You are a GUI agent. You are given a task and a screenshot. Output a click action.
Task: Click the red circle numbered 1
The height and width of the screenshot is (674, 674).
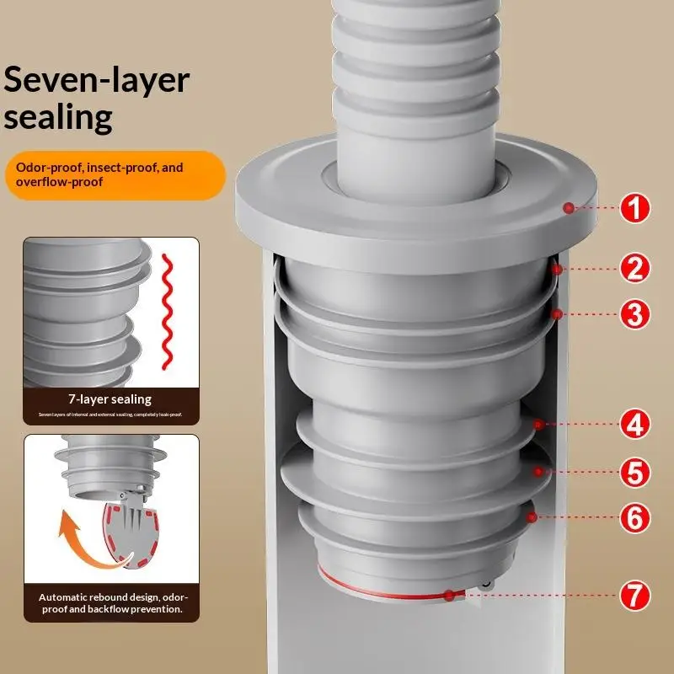pos(634,207)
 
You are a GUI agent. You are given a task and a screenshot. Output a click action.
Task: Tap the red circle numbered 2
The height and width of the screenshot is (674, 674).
pos(634,268)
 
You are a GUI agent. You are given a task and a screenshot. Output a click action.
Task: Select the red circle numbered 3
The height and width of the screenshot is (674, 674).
pos(634,315)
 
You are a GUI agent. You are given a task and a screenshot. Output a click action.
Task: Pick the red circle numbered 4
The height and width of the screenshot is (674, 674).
pos(634,424)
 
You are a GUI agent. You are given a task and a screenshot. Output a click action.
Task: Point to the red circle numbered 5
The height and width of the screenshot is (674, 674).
pos(634,472)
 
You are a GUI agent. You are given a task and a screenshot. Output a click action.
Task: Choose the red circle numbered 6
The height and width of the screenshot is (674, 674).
pos(634,517)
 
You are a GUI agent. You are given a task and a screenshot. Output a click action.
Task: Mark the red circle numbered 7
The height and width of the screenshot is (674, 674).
pos(634,596)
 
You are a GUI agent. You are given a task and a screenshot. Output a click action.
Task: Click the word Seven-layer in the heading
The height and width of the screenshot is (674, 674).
pos(97,79)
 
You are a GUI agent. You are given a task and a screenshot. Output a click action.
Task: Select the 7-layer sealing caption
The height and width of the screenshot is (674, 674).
pos(110,399)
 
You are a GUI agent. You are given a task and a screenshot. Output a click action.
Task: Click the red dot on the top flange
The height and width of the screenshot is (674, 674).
pos(570,207)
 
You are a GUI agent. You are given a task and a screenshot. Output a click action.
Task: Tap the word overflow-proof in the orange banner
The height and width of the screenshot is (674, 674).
pos(56,181)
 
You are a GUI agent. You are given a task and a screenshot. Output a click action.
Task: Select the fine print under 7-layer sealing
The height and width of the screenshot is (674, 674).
pos(110,415)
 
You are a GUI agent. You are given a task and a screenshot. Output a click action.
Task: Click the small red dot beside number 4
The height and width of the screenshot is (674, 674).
pos(537,424)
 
